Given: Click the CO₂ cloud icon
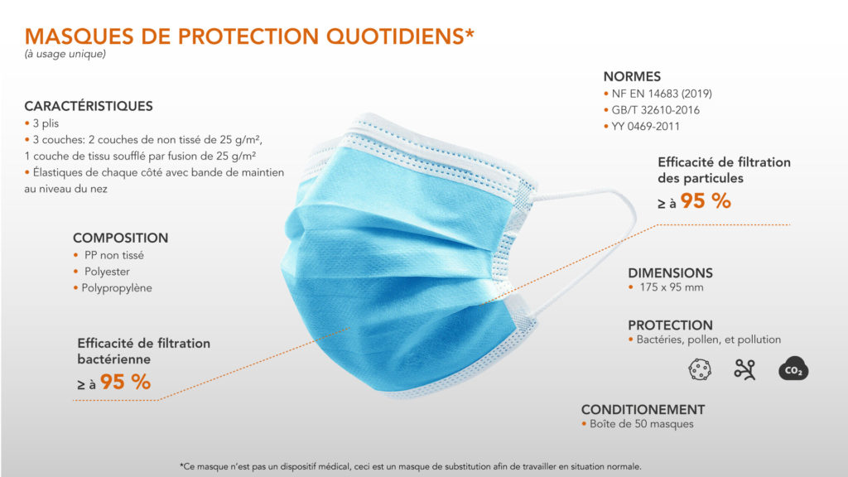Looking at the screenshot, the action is point(793,369).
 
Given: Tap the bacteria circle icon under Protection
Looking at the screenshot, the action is point(700,369).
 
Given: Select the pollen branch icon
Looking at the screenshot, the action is point(744,369).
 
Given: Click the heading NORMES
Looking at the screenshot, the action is point(632,76).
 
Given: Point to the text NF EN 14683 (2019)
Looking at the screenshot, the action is point(662,94).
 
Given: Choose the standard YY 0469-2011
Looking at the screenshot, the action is point(646,126).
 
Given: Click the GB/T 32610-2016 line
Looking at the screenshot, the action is point(656,110).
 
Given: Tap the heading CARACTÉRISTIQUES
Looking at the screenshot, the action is point(89,106).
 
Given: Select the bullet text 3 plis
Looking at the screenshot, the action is point(46,123).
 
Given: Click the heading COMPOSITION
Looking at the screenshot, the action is point(121,238).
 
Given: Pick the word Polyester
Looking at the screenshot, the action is point(107,272).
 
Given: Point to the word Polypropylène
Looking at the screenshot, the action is point(117,287).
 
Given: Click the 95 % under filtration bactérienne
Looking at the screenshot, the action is point(126,382).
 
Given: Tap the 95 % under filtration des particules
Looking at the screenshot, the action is point(706,200).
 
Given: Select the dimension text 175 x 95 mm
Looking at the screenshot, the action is point(672,287).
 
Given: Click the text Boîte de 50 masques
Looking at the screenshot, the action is point(642,424).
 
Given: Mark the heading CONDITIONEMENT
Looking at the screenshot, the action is point(643,409).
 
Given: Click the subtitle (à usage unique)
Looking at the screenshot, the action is point(65,54).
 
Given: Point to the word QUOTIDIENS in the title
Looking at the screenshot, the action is point(395,36).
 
